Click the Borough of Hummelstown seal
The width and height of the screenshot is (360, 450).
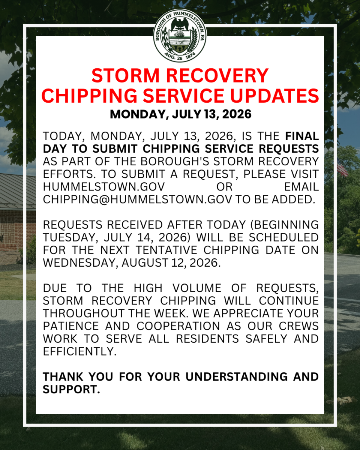[x=180, y=36]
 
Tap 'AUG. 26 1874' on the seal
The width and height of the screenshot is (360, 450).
[x=180, y=57]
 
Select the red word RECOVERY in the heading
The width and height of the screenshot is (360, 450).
[x=217, y=75]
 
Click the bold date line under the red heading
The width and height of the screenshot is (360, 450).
[x=180, y=114]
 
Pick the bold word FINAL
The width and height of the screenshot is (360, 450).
[x=302, y=136]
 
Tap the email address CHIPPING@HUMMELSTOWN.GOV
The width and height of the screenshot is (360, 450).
[x=137, y=199]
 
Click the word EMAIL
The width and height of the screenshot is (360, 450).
[x=301, y=187]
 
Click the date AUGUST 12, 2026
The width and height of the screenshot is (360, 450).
[x=171, y=263]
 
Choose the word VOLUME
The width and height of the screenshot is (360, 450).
[x=197, y=288]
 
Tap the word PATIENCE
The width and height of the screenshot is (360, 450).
[x=71, y=326]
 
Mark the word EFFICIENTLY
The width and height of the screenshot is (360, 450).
[x=79, y=351]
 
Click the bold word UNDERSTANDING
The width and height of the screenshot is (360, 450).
[x=237, y=377]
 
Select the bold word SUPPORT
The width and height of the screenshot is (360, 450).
[x=71, y=390]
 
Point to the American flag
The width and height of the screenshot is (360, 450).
[x=342, y=167]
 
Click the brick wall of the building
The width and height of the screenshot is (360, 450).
[x=18, y=230]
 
